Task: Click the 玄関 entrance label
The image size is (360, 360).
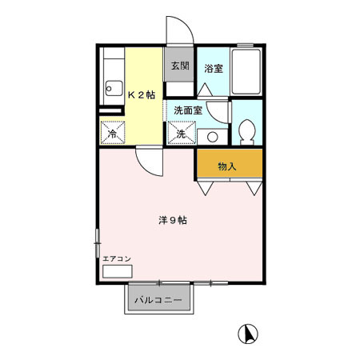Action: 179,66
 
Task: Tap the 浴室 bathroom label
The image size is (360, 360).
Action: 213,68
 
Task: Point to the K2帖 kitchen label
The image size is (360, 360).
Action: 141,94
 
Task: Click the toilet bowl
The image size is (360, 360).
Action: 247,130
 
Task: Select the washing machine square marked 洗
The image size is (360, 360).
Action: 181,133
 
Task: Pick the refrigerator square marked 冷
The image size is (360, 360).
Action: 114,133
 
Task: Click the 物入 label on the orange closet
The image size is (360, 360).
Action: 228,166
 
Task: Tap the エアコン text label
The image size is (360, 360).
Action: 116,258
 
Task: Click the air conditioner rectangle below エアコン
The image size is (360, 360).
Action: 116,270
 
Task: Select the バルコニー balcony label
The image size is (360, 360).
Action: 158,300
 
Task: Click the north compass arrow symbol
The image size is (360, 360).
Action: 250,334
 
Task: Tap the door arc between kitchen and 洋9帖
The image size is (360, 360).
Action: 149,163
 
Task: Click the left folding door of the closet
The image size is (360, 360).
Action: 206,188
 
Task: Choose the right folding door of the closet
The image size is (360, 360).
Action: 254,188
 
